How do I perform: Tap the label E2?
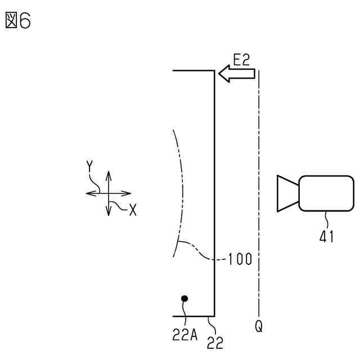coord(241,60)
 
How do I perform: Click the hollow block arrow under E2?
coord(236,74)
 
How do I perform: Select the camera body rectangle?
coord(326,193)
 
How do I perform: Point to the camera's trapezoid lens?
coord(287,193)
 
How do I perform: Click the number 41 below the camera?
coord(326,236)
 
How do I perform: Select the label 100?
coord(240,260)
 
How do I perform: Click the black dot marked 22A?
coord(184,299)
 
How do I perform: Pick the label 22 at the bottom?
coord(215,342)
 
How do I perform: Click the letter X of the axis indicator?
coord(132,210)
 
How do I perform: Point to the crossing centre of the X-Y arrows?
coord(108,193)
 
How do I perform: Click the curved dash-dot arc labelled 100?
coord(183,191)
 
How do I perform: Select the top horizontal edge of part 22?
coord(193,71)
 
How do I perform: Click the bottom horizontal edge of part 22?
coord(193,316)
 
